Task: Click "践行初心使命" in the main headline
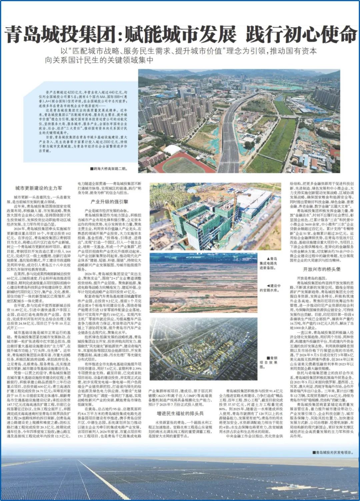[x=301, y=35]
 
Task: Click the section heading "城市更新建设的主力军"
[x=38, y=188]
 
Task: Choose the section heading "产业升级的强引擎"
[x=109, y=202]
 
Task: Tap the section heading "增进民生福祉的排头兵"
[x=180, y=414]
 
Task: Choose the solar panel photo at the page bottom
[x=180, y=480]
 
